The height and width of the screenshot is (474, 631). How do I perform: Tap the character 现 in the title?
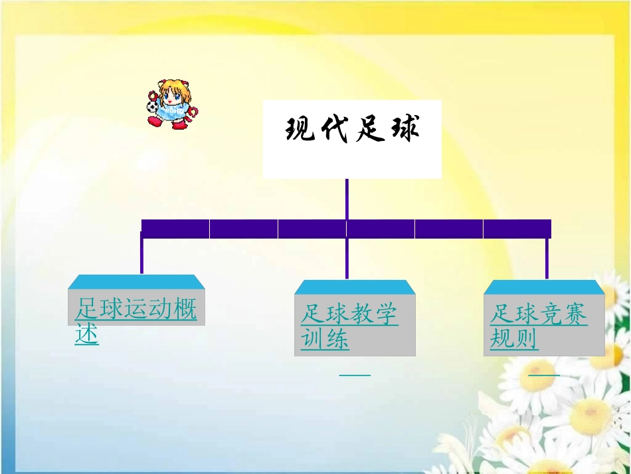[x=300, y=129]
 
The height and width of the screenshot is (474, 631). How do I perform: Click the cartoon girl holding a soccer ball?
[x=171, y=104]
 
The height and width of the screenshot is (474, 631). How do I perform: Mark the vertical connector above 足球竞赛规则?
[x=547, y=259]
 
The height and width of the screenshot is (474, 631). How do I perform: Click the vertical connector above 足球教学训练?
[x=347, y=259]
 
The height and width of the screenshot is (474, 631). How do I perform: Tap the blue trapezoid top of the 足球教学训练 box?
[x=355, y=287]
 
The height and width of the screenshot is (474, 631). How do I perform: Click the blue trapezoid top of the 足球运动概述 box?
[x=136, y=282]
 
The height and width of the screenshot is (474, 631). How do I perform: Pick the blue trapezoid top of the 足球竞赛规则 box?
[x=544, y=287]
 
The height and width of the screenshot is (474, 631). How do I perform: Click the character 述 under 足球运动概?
[x=87, y=334]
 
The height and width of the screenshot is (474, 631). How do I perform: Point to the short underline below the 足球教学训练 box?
[x=355, y=375]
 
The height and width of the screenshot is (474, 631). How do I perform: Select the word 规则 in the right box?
[x=514, y=340]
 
